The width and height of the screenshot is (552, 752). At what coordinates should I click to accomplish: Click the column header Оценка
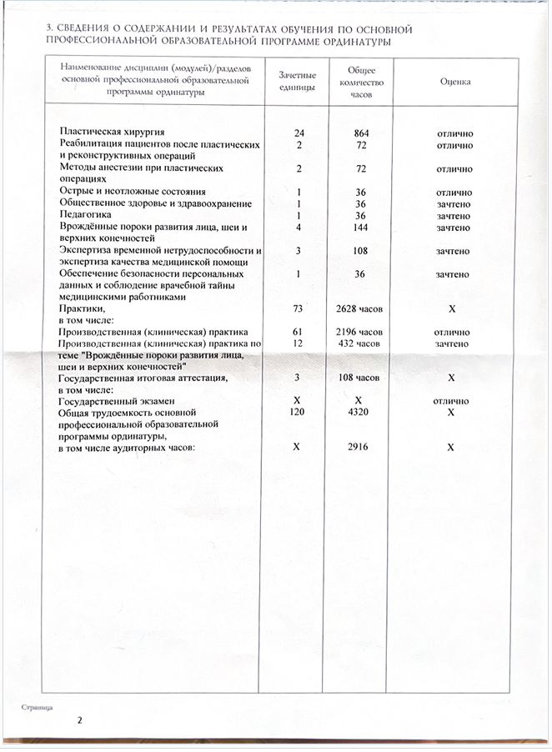tap(454, 82)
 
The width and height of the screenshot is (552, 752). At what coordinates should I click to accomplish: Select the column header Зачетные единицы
tap(298, 82)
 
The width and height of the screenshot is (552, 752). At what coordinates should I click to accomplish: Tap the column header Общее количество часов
tap(360, 83)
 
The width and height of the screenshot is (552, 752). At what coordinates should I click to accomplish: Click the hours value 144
tap(360, 228)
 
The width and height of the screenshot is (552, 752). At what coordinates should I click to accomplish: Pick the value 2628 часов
tap(360, 309)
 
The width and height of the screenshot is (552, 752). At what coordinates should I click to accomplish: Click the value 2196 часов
tap(360, 333)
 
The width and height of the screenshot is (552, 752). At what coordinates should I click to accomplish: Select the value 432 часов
tap(360, 343)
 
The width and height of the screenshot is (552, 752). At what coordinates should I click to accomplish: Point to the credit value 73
tap(298, 309)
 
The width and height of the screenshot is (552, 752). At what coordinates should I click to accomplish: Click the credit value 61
tap(298, 333)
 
